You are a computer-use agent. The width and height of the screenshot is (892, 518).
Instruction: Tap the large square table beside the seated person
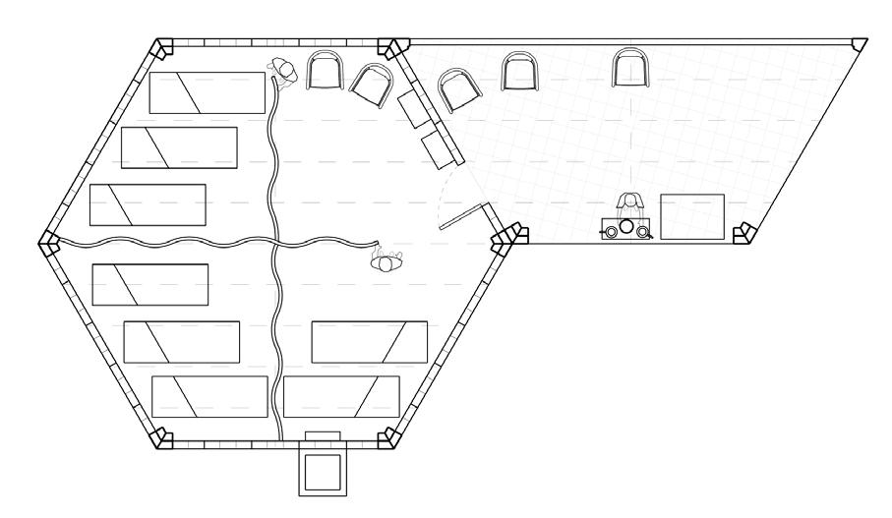[691, 217]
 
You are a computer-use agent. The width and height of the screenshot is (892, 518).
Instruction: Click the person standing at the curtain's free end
[387, 260]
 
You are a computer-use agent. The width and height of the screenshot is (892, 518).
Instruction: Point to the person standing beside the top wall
[283, 72]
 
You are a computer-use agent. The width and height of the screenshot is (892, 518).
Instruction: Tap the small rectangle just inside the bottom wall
[324, 434]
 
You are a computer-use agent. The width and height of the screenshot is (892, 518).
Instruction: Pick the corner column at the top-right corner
[860, 46]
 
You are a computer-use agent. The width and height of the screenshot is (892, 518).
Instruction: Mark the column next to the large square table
[744, 233]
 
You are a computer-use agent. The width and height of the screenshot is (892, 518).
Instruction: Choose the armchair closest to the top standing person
[326, 71]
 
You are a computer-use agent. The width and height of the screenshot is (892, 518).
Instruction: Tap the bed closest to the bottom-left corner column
[209, 396]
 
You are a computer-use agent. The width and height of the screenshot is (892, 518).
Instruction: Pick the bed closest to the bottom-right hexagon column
[340, 395]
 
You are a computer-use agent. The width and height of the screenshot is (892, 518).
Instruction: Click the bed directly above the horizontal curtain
[149, 204]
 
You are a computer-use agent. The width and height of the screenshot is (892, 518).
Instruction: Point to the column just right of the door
[509, 238]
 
